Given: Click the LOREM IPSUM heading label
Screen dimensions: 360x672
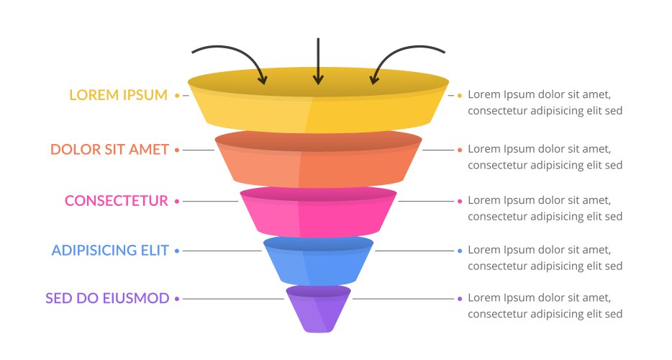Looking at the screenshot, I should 118,95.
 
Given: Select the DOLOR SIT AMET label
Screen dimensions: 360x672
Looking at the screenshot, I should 109,150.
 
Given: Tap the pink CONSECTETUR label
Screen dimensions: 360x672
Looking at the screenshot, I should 117,201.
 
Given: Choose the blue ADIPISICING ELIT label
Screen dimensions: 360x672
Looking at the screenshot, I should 110,251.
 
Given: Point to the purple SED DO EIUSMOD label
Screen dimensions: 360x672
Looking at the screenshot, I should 107,298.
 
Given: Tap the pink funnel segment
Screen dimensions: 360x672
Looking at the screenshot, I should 317,212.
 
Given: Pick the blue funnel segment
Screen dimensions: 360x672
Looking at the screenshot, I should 317,261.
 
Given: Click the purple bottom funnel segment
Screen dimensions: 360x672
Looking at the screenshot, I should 317,310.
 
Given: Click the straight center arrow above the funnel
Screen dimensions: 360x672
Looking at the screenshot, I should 317,61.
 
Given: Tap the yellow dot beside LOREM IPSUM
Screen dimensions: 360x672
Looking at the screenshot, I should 177,95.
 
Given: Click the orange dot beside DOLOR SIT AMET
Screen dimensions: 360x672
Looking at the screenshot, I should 177,150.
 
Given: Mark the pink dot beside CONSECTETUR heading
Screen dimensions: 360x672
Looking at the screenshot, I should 177,201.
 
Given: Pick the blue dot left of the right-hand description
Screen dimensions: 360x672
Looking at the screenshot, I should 460,251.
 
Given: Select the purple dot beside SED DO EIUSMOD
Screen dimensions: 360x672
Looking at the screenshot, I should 177,298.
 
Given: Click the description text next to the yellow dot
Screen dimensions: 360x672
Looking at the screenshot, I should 545,102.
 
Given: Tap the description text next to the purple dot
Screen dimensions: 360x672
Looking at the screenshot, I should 545,306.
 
